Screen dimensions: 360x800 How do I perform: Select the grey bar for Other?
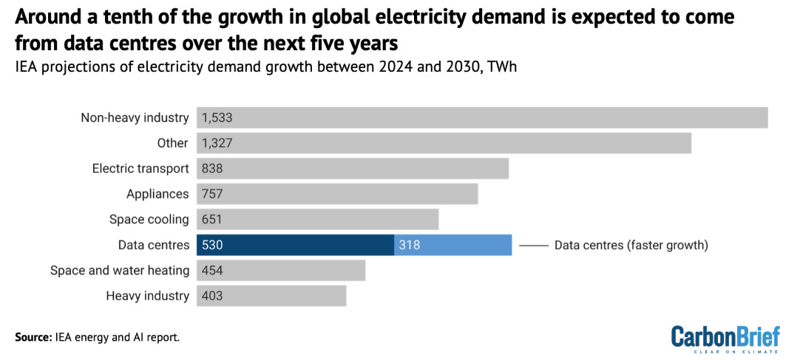[444, 143]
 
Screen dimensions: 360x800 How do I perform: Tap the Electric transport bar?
[353, 169]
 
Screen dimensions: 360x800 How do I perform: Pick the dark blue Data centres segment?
[295, 245]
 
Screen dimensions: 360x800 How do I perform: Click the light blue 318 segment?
[452, 245]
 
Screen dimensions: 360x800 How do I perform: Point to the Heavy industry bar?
[271, 296]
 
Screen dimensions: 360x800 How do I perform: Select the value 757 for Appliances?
[211, 194]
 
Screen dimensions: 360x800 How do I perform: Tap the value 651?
[211, 220]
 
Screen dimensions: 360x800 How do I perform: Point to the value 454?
[211, 271]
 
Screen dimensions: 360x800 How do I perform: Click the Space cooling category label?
[149, 220]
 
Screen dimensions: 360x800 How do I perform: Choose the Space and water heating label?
[120, 271]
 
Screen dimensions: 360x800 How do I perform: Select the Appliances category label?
[158, 194]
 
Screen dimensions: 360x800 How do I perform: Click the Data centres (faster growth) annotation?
[631, 245]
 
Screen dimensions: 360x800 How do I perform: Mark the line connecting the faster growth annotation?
[533, 245]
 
